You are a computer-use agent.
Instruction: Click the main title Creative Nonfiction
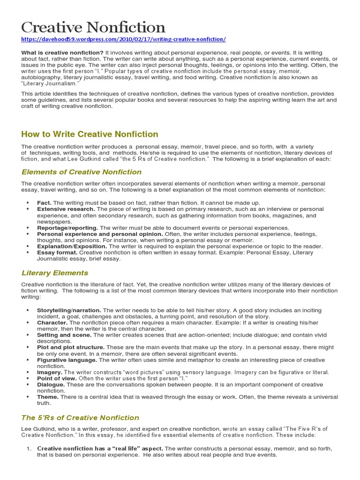coord(93,27)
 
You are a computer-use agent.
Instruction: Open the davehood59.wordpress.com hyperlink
coord(124,39)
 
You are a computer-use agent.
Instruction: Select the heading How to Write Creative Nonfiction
coord(90,135)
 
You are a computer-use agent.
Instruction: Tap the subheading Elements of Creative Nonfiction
coord(82,172)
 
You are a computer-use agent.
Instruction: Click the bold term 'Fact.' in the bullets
coord(45,202)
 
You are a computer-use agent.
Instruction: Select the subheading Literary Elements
coord(55,273)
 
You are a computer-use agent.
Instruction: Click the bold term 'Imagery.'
coord(50,372)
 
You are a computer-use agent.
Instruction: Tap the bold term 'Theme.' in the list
coord(48,397)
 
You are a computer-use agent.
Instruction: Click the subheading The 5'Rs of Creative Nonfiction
coord(80,418)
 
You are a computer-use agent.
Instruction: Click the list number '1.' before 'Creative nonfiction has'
coord(29,449)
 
